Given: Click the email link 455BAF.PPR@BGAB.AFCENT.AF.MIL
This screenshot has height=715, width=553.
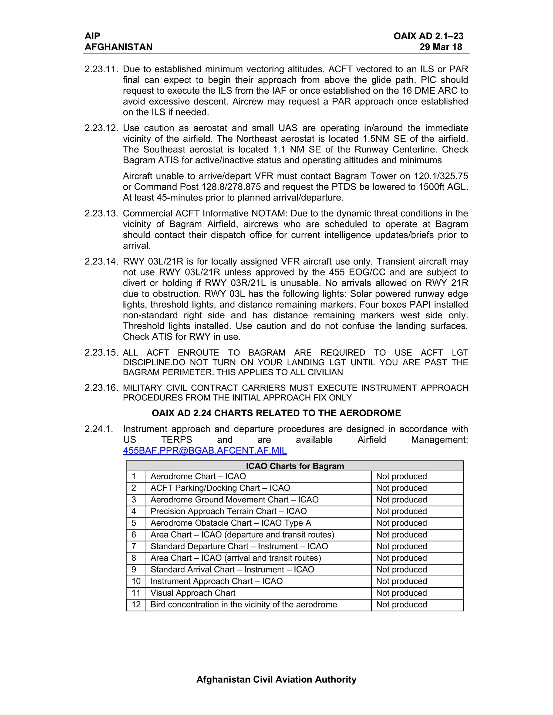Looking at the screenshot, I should coord(205,451).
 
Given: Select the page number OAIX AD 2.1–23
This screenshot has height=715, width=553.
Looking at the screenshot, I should coord(428,36).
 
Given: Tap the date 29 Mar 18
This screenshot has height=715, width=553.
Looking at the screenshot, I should coord(441,47).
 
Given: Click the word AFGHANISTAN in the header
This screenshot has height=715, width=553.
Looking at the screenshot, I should coord(119,47).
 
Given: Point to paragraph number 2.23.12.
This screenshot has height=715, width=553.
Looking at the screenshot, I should coord(101,128).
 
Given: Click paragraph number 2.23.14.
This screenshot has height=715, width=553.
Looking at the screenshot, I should coord(101,261).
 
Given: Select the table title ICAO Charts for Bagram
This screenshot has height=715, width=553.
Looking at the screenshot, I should coord(295,466).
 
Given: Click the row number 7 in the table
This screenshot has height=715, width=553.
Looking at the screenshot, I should coord(134,546).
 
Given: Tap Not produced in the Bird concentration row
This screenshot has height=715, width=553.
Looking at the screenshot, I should coord(401,604).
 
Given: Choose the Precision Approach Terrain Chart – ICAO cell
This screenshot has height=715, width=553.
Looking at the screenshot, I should coord(228,511).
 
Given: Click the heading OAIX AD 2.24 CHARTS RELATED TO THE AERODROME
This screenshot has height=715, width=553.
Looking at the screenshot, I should coord(276,413).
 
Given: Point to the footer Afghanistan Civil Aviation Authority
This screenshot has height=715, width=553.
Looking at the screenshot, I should coord(276,679).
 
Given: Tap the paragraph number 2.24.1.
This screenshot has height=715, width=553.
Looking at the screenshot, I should coord(99,429).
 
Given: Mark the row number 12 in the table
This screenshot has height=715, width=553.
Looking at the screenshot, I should coord(136,604).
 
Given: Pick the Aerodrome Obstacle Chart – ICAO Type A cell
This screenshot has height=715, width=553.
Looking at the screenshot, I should coord(231,523).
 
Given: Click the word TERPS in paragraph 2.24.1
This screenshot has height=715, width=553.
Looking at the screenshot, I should coord(176,440).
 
